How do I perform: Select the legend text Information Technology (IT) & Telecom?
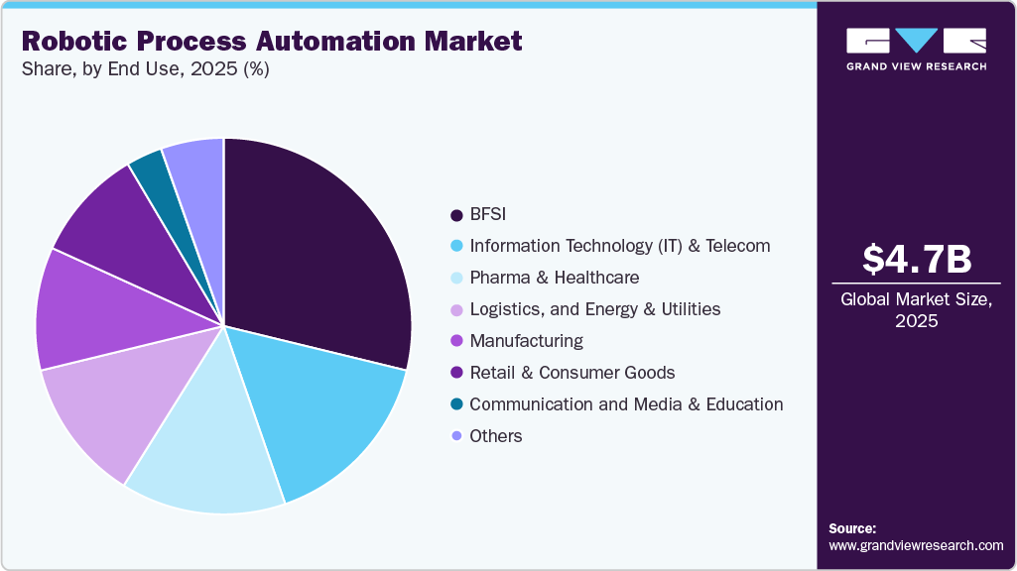(x=619, y=246)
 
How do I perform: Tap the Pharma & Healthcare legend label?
(x=554, y=278)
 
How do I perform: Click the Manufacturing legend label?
(x=526, y=341)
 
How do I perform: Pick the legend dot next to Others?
(x=456, y=436)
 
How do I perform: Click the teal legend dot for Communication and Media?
(x=456, y=404)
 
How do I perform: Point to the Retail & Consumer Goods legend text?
(x=572, y=373)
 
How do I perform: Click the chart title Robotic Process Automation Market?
(x=271, y=42)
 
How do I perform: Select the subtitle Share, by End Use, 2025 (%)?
(x=145, y=69)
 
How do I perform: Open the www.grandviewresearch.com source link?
(x=916, y=545)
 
